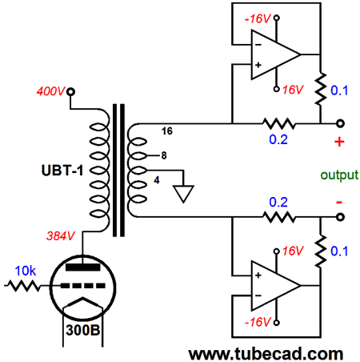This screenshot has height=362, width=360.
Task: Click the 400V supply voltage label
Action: point(50,91)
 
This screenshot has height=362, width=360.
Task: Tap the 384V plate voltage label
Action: point(61,236)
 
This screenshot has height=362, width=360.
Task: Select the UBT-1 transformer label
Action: point(62,171)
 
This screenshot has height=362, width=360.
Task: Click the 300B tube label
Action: point(83,330)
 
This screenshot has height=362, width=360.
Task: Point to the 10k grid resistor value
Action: point(26,271)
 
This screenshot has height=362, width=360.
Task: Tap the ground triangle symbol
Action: point(183,194)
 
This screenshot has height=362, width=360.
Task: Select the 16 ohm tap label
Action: point(167,131)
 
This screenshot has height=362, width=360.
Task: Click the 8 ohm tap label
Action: point(164,155)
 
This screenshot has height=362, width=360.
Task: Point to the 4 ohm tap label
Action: point(157,180)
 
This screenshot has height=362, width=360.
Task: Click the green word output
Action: point(339,175)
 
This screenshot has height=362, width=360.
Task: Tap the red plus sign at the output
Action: point(339,142)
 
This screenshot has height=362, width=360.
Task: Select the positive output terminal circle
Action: point(340,123)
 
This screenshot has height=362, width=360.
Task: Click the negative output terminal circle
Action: point(340,217)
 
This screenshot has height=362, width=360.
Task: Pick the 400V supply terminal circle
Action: point(70,92)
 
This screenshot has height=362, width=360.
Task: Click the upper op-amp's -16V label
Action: point(258,18)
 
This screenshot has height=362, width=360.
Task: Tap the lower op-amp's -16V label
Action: point(258,322)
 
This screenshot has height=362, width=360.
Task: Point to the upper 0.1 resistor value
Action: point(339,90)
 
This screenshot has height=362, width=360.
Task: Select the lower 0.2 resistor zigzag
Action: point(279,217)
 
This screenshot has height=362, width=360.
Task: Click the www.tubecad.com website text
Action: point(266,354)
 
